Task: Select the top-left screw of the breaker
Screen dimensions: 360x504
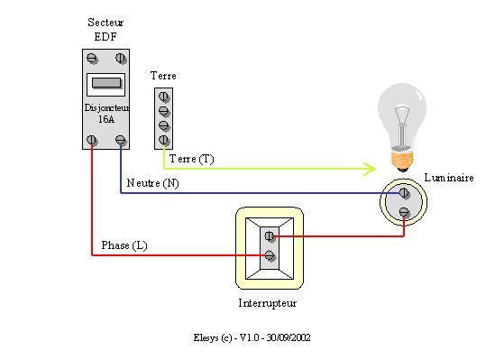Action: click(x=91, y=60)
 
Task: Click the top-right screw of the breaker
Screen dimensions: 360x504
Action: click(x=121, y=60)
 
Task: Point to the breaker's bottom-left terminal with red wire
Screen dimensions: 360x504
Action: click(x=91, y=140)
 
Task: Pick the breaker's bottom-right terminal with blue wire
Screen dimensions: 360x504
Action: click(x=121, y=140)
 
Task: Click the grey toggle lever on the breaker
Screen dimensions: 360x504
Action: click(x=105, y=85)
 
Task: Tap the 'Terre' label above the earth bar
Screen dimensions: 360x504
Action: click(x=163, y=76)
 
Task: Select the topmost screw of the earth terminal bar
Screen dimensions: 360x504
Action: click(x=164, y=97)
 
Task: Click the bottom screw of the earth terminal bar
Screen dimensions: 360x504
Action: click(x=164, y=140)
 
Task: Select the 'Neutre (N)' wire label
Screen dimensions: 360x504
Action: click(x=152, y=183)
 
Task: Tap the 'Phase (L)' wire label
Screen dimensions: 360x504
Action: click(x=124, y=245)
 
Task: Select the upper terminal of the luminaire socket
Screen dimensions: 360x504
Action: click(x=404, y=193)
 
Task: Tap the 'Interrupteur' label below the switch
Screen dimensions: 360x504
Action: click(x=267, y=303)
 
